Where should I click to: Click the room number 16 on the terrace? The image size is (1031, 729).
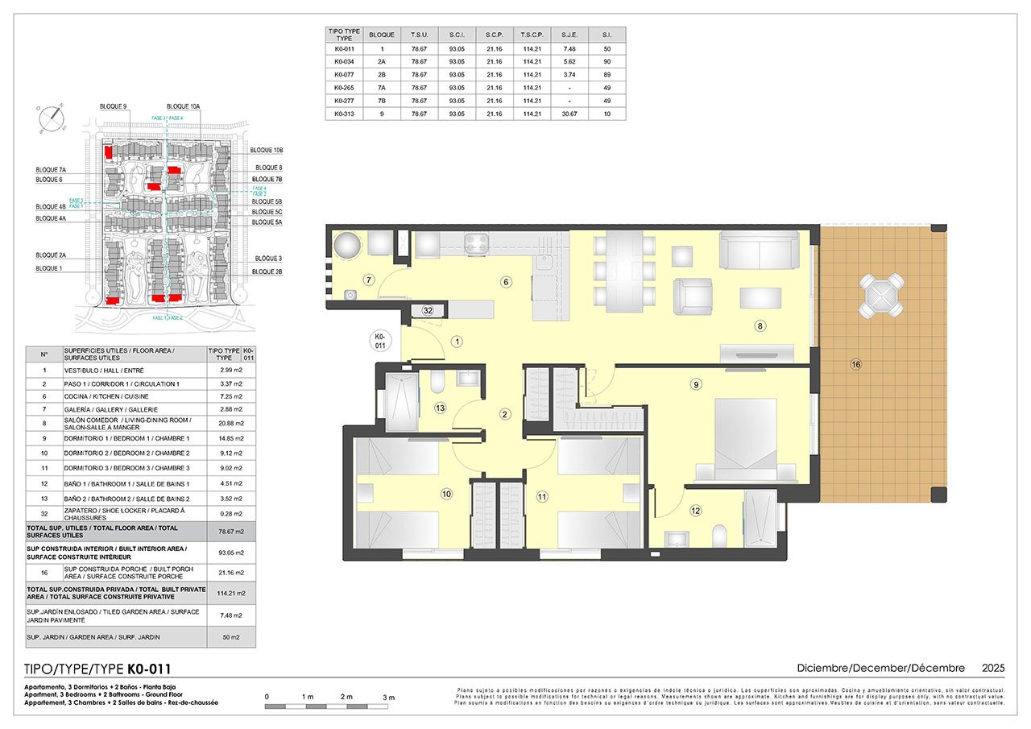pos(855,365)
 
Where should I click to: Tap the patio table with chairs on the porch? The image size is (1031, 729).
pos(882,296)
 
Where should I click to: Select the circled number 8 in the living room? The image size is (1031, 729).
pos(759,326)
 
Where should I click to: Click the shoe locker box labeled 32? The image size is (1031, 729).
pos(428,310)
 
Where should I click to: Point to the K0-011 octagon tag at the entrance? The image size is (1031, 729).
pos(381,341)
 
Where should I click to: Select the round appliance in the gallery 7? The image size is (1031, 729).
pos(348,246)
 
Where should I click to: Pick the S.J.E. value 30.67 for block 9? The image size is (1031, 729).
pos(569,114)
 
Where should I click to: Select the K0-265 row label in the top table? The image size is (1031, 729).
pos(344,88)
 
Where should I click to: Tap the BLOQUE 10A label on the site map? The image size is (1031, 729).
pos(184,106)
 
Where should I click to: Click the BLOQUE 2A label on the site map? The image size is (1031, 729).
pos(51,255)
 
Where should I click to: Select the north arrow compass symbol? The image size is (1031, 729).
pos(52,118)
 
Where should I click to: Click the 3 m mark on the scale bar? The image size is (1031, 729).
pos(388,697)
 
